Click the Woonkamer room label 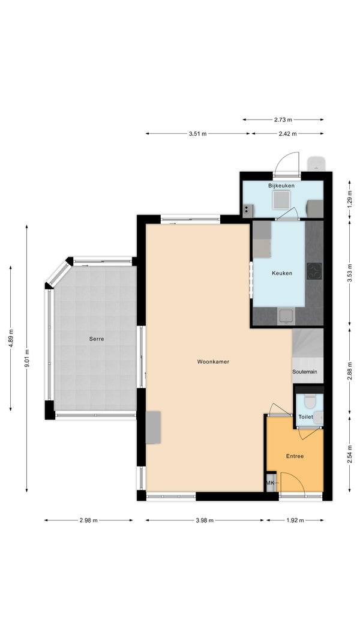click(213, 361)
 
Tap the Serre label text click(97, 339)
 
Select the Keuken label click(282, 273)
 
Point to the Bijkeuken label click(281, 186)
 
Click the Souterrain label click(305, 372)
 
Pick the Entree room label click(295, 456)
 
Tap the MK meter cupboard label click(271, 483)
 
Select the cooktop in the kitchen click(314, 271)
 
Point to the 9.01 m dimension click(27, 359)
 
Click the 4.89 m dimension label click(11, 339)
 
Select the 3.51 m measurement click(198, 133)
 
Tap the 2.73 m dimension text click(283, 119)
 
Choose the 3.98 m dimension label click(205, 521)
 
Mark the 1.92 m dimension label click(295, 521)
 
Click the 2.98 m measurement click(88, 521)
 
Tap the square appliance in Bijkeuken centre click(281, 199)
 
